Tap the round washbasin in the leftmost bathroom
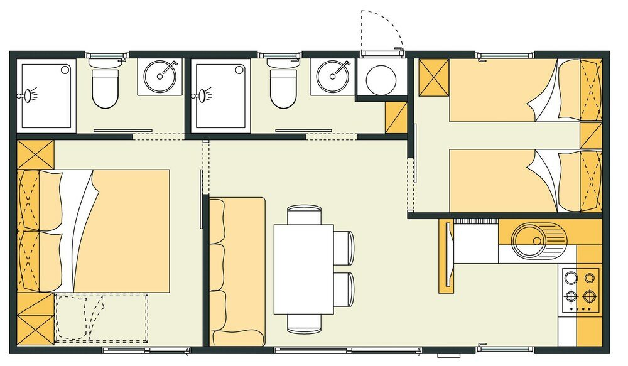coord(160,77)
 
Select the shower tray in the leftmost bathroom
coord(46,95)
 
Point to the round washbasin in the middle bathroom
coord(332,77)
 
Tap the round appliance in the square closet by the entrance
coord(381,79)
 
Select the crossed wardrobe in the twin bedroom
coord(433,78)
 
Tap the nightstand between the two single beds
coord(590,136)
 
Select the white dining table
coord(303,269)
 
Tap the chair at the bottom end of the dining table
coord(304,323)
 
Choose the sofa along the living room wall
coord(237,271)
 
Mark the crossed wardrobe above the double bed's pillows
coord(35,154)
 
